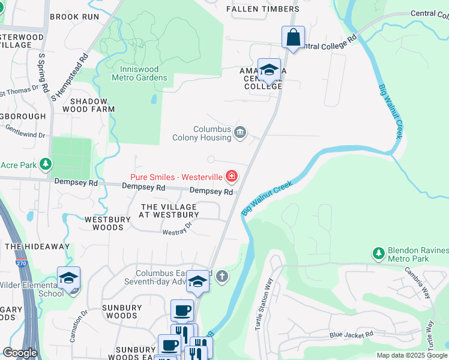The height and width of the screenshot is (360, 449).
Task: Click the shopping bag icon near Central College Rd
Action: coord(293,37)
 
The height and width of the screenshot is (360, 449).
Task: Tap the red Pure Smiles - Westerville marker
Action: coord(231,176)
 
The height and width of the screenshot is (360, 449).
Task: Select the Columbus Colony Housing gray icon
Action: coord(240,133)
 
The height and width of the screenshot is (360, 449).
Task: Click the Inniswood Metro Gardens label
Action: coord(139,73)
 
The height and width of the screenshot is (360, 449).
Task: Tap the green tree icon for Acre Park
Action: coord(45,164)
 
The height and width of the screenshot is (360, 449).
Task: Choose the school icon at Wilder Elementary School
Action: coord(69,279)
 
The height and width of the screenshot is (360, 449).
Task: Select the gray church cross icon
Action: coord(221,277)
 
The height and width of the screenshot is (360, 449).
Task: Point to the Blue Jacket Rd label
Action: coord(351,334)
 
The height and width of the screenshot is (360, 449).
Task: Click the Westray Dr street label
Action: coord(177,229)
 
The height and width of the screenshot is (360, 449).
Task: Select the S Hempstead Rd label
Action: coord(70,76)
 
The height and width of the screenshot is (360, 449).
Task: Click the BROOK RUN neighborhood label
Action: coord(74,17)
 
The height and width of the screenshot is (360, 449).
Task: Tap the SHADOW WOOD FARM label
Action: coord(89,105)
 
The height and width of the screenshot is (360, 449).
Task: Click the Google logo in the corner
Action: coord(20,353)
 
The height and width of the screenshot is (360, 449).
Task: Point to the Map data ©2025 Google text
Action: coord(411,355)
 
